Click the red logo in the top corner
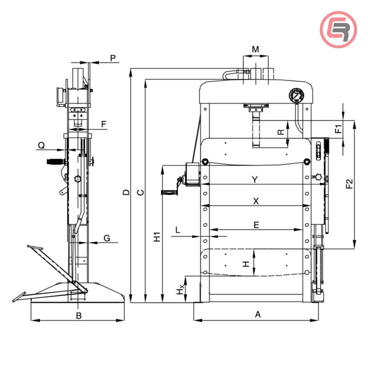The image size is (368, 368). click(x=338, y=29)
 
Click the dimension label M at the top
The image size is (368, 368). click(x=255, y=49)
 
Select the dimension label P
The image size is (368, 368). click(x=113, y=57)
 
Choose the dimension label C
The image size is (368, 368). click(x=140, y=192)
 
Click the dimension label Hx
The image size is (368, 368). click(x=179, y=291)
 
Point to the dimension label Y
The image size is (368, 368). click(x=255, y=179)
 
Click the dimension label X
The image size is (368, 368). click(x=256, y=201)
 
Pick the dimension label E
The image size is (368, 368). click(x=256, y=224)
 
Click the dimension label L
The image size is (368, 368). click(x=178, y=230)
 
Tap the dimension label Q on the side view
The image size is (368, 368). click(x=42, y=145)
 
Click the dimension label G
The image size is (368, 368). click(x=106, y=238)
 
